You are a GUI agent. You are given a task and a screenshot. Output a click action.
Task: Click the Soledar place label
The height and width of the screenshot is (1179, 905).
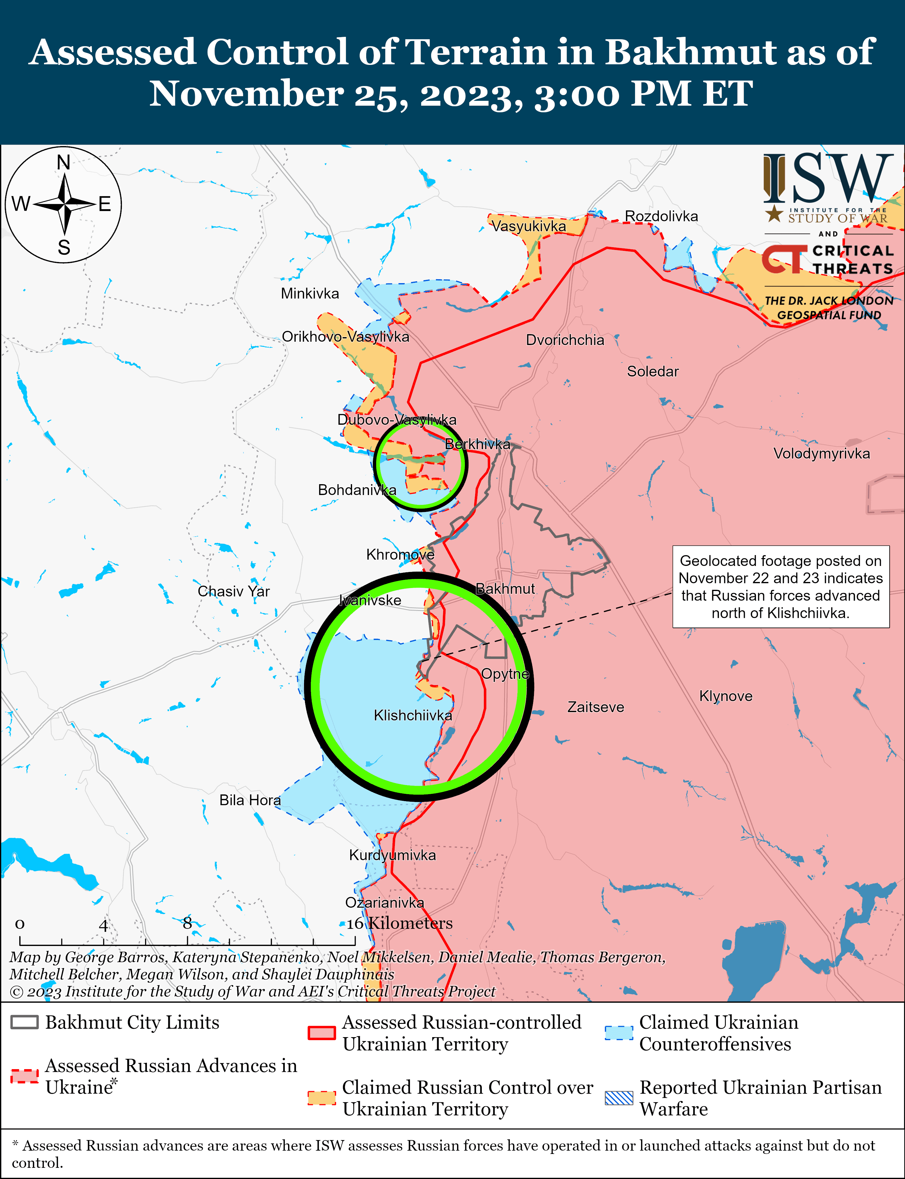point(652,371)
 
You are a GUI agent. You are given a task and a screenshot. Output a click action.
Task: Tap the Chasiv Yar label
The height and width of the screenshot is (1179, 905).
point(233,591)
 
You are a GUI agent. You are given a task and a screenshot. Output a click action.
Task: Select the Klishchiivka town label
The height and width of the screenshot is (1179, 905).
point(413,715)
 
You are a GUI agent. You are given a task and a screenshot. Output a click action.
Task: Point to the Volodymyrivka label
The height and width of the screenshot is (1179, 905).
point(821,453)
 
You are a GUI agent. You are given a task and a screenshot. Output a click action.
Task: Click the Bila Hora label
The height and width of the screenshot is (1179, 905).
point(249,800)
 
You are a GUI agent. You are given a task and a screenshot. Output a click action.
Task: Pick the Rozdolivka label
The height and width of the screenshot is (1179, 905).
point(661,216)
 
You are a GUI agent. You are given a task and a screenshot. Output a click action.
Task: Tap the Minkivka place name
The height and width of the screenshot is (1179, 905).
point(310,294)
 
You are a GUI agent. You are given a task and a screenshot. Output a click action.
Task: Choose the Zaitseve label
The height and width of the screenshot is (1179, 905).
point(595,707)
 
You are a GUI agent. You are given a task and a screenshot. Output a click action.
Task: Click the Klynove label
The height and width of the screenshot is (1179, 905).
point(726,696)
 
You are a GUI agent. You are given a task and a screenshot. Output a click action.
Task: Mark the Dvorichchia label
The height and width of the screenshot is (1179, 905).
point(564,340)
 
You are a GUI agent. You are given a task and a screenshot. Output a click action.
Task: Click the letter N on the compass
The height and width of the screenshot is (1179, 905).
point(64,162)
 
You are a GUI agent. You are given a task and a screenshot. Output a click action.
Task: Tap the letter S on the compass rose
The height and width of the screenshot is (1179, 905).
point(64,248)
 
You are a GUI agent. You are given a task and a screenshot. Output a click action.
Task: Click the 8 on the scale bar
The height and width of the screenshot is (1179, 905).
point(187,923)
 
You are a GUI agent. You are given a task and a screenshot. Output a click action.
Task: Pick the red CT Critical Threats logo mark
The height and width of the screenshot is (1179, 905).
point(783,259)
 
